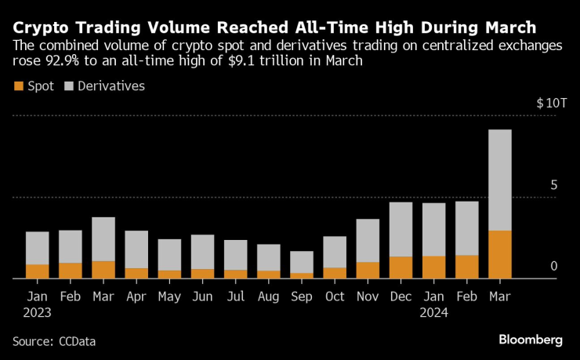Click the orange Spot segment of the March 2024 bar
click(x=499, y=254)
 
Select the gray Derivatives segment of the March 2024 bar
click(x=499, y=180)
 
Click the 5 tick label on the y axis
click(x=553, y=185)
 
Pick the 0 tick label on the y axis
click(x=553, y=267)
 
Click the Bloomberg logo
click(x=531, y=340)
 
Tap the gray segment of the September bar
click(x=302, y=262)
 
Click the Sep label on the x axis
click(x=302, y=296)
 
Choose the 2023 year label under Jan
click(x=38, y=312)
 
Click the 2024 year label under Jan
click(x=433, y=312)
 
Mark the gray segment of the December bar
click(x=401, y=229)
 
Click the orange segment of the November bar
click(x=368, y=270)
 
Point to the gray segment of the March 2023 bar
click(x=103, y=239)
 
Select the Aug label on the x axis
click(x=269, y=296)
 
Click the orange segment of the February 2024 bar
click(x=466, y=267)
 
